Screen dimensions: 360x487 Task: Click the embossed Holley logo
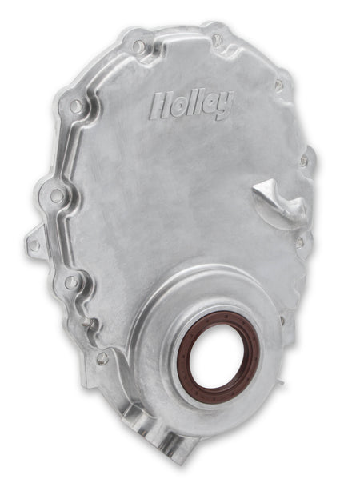191,105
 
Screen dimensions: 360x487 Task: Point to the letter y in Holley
225,104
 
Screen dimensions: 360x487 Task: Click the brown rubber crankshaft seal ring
219,353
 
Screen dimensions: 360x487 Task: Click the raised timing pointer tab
281,201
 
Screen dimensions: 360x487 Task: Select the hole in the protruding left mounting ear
34,245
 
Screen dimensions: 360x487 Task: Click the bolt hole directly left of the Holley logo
76,106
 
